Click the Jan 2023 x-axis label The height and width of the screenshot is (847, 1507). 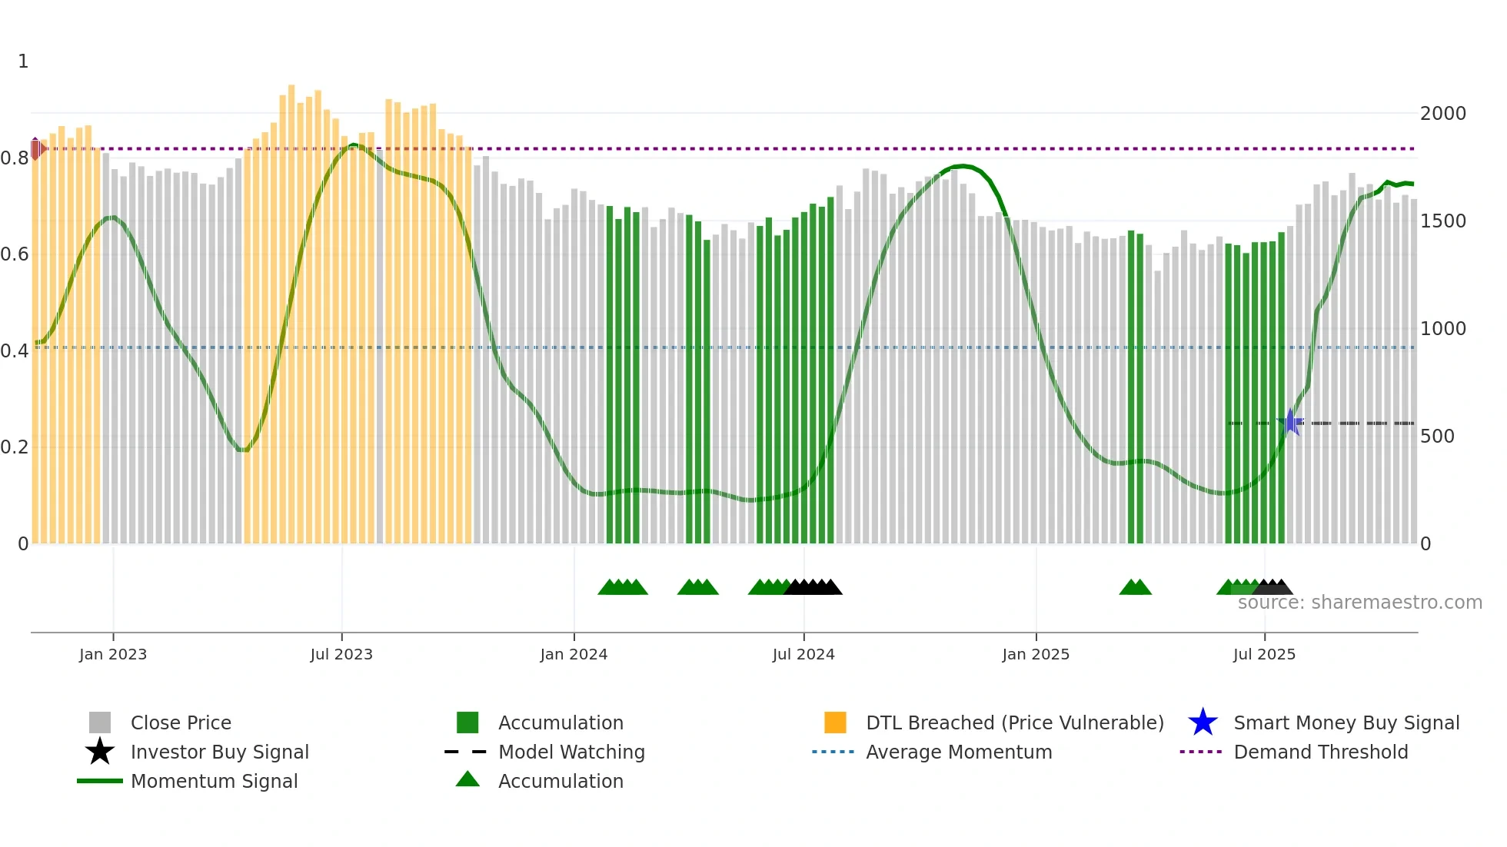coord(112,654)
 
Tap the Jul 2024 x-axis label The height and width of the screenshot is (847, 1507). coord(803,654)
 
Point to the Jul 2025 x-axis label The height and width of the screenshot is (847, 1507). coord(1264,654)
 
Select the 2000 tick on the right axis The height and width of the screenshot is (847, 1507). coord(1442,114)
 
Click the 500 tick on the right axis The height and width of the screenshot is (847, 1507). coord(1437,437)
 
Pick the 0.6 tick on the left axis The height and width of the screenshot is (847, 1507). coord(15,254)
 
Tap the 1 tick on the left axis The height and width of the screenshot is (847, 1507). coord(23,61)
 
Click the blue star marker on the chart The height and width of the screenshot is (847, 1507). coord(1291,422)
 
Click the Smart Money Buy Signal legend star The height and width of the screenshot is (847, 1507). coord(1203,722)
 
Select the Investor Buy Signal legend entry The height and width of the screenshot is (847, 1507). coord(219,752)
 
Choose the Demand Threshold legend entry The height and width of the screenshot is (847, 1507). coord(1320,752)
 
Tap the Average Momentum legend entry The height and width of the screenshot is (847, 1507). coord(958,752)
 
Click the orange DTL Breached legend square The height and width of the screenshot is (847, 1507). coord(835,722)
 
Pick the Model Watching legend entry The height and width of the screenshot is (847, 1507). coord(571,752)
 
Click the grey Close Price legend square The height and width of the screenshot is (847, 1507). coord(100,722)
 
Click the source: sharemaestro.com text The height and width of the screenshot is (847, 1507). coord(1359,603)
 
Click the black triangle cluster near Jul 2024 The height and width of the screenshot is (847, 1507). coord(813,587)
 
